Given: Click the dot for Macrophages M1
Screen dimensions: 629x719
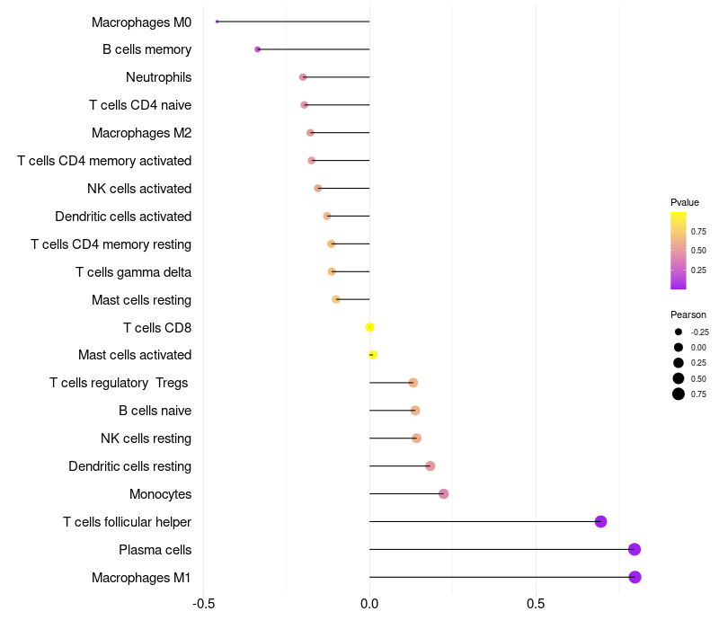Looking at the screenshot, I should [635, 577].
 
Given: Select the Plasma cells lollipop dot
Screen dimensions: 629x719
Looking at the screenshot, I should [635, 549].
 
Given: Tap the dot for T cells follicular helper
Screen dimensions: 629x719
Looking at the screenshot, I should [600, 521].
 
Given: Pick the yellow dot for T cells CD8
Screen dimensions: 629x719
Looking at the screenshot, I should [369, 327].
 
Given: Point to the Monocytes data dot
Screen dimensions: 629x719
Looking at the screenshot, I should [443, 493].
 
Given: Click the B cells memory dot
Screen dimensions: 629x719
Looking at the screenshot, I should [258, 49].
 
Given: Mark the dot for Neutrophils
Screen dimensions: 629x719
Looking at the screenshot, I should [303, 77].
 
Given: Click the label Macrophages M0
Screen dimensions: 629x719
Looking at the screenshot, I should [141, 22].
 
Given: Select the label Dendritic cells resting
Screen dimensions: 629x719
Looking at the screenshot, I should [129, 466].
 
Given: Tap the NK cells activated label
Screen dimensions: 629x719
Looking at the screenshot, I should [139, 189].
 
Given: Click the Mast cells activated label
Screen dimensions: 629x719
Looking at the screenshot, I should [135, 355].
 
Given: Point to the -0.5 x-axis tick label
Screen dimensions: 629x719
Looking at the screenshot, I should [204, 603].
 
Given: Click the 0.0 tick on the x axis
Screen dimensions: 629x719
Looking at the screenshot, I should [369, 603].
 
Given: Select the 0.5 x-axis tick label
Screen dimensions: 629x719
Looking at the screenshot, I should [536, 603].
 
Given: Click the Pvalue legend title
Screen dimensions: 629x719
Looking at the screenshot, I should [685, 202].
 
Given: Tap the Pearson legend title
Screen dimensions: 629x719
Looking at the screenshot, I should [688, 314].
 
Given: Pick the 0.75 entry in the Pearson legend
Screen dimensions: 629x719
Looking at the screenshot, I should [679, 394].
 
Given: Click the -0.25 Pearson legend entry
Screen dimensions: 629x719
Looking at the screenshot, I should [679, 332].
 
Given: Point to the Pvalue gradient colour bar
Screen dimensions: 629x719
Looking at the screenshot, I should [679, 251].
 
